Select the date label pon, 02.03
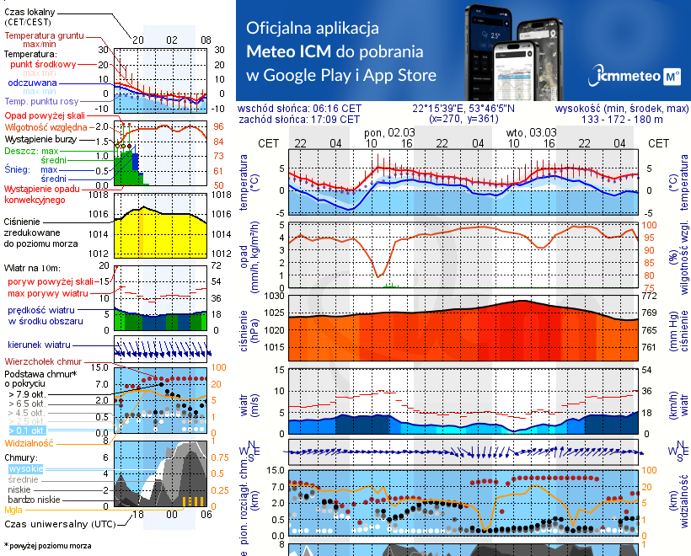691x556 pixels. [x=389, y=132]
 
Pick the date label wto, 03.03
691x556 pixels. [x=531, y=132]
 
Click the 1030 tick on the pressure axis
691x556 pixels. [x=275, y=297]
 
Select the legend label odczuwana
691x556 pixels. [x=32, y=83]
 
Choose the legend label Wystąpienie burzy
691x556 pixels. [x=41, y=137]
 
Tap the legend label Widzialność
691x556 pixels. [x=29, y=442]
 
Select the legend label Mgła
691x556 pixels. [x=13, y=510]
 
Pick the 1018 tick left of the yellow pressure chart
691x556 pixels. [x=99, y=195]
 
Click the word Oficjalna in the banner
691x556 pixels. [x=279, y=28]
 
